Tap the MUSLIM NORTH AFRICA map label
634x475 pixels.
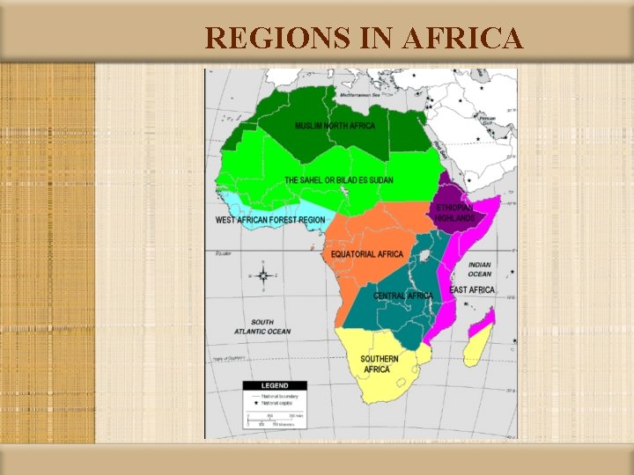pyautogui.click(x=335, y=126)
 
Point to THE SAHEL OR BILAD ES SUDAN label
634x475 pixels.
pyautogui.click(x=338, y=180)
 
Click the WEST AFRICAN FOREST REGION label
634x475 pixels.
pyautogui.click(x=270, y=220)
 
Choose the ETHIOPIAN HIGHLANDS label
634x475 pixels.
pyautogui.click(x=455, y=213)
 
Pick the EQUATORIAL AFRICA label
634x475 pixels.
pyautogui.click(x=367, y=254)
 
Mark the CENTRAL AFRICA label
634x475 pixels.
pyautogui.click(x=403, y=296)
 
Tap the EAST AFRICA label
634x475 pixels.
pyautogui.click(x=472, y=289)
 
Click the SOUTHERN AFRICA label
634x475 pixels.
pyautogui.click(x=379, y=364)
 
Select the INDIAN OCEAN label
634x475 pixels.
pyautogui.click(x=480, y=269)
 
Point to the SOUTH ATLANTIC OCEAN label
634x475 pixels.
pyautogui.click(x=262, y=326)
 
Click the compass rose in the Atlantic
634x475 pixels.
pyautogui.click(x=262, y=275)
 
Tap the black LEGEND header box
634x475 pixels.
pyautogui.click(x=275, y=385)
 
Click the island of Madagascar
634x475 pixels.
pyautogui.click(x=478, y=338)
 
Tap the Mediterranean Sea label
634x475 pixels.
pyautogui.click(x=362, y=91)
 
